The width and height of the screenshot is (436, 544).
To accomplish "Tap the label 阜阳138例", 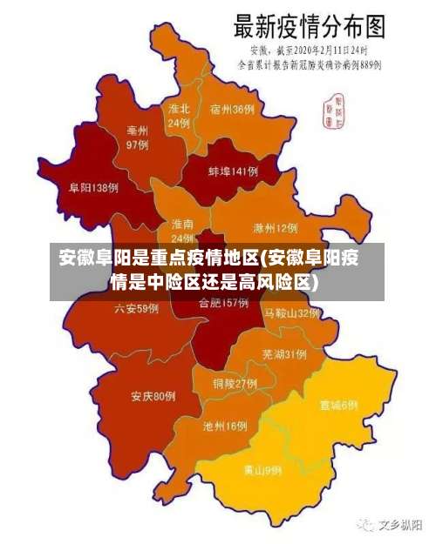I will [93, 187].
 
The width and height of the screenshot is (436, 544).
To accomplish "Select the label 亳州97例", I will [137, 138].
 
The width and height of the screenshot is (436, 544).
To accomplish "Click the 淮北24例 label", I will [179, 116].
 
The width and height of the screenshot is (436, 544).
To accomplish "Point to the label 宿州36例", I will [232, 110].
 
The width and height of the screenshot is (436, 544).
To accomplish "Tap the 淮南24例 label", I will [182, 231].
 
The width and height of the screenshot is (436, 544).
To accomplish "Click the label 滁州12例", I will [275, 228].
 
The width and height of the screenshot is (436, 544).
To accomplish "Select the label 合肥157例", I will [224, 304].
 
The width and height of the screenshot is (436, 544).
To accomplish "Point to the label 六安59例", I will [136, 308].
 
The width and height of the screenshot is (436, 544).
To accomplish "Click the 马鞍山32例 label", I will [293, 312].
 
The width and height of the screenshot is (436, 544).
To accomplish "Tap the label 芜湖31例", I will [283, 353].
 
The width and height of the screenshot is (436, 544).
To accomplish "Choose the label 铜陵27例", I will [235, 383].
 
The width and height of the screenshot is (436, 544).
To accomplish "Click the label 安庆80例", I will [153, 397].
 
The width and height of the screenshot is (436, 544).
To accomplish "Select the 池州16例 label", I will [225, 426].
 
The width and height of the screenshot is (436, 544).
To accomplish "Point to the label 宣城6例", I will [338, 405].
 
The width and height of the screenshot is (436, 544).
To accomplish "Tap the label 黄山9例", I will [262, 470].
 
